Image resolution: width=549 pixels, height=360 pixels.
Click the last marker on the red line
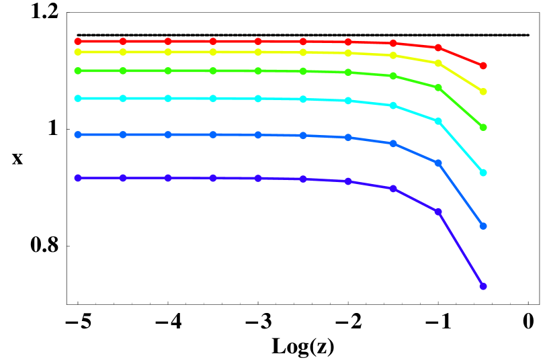[x=483, y=66]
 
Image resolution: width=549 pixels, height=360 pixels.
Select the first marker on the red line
[x=78, y=42]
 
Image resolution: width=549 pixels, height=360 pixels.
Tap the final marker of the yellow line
[x=483, y=91]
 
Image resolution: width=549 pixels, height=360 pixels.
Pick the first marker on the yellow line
[x=78, y=52]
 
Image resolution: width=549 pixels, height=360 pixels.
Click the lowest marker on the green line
[x=483, y=127]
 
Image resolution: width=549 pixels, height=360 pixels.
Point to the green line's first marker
[x=78, y=71]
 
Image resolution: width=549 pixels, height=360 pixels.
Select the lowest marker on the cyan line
[x=483, y=173]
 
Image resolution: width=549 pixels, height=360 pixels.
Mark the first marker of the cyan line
[x=78, y=98]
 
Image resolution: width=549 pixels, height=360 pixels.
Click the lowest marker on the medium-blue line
[x=483, y=226]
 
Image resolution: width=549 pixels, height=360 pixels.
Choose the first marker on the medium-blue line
[x=78, y=134]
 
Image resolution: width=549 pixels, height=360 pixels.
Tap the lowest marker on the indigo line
[x=483, y=286]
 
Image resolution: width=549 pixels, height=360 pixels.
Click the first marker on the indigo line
[x=78, y=178]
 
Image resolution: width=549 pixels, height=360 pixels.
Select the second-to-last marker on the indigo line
[x=438, y=212]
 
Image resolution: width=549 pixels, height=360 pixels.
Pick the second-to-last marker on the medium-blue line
[x=438, y=163]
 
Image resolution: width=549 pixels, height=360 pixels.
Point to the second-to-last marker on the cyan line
[x=438, y=121]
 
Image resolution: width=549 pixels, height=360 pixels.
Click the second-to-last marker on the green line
[x=438, y=87]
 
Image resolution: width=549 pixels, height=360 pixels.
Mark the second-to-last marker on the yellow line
[x=438, y=62]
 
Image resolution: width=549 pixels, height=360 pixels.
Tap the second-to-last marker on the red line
[x=438, y=48]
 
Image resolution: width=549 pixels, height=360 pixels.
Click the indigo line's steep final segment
[x=461, y=249]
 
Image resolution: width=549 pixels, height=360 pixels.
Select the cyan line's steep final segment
[x=461, y=147]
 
